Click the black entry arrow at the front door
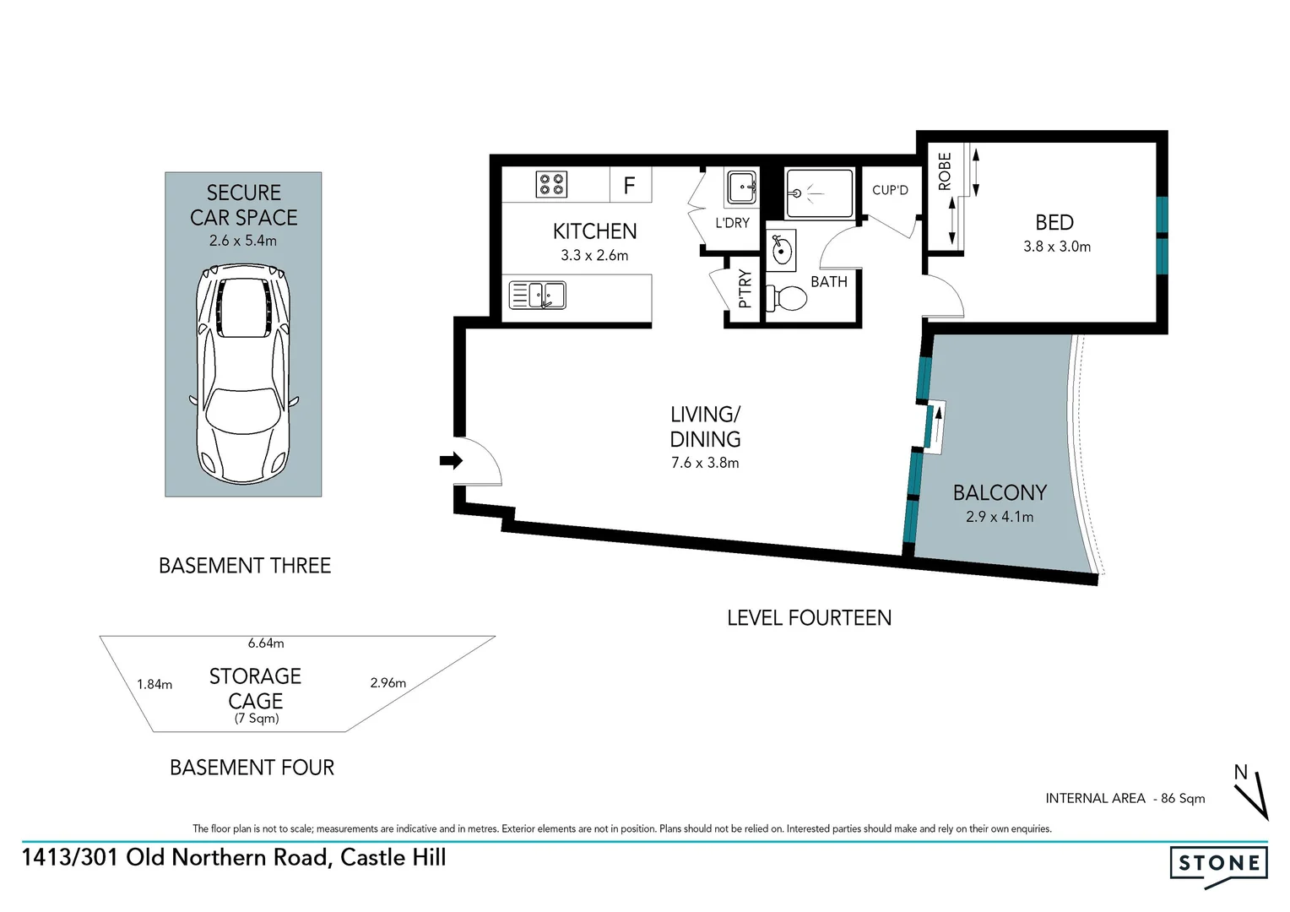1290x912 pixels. click(x=451, y=460)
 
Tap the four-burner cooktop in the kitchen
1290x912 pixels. click(x=551, y=184)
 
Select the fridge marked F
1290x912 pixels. click(x=630, y=185)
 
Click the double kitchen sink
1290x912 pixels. click(x=538, y=296)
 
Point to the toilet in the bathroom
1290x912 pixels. click(x=787, y=297)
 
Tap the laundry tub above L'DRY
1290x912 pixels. click(x=741, y=187)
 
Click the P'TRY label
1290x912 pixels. click(x=745, y=289)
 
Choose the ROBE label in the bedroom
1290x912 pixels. click(x=945, y=171)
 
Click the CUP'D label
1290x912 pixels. click(x=890, y=190)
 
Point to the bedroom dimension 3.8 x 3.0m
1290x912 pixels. click(x=1056, y=247)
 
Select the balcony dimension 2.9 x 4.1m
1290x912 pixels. click(x=1000, y=517)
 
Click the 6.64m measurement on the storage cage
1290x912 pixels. click(x=266, y=643)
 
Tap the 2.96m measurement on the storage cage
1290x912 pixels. click(x=388, y=682)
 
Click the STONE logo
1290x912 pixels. click(x=1218, y=864)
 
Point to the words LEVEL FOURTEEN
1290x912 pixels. click(x=809, y=618)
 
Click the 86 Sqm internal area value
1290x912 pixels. click(x=1183, y=798)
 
